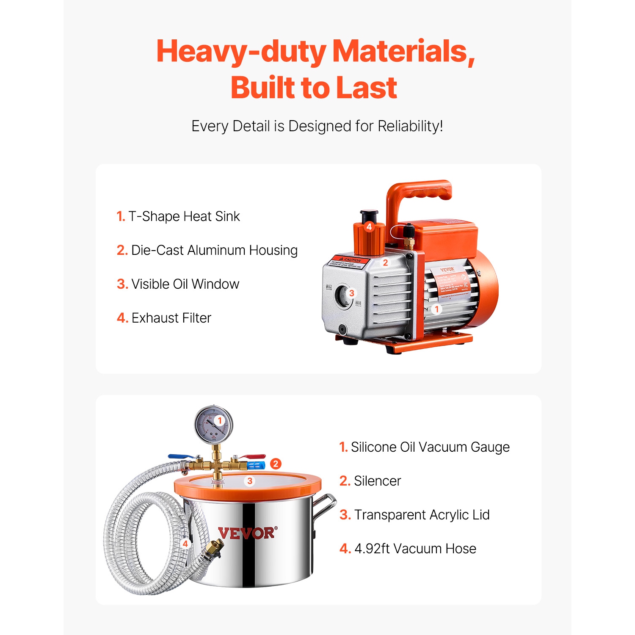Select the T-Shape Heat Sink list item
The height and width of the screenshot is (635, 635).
[x=178, y=216]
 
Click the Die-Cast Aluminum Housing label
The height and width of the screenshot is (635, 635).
[x=207, y=250]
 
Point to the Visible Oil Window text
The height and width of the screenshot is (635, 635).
[x=178, y=284]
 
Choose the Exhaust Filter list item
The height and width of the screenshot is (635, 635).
[x=164, y=318]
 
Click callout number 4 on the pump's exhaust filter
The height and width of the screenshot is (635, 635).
[x=369, y=226]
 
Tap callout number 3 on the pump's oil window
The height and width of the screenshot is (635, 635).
[x=351, y=293]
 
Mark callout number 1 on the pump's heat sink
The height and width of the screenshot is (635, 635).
[x=437, y=309]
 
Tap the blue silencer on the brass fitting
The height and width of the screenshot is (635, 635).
[x=256, y=466]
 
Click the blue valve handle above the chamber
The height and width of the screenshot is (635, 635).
[x=180, y=456]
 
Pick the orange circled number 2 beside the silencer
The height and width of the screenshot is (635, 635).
[x=276, y=464]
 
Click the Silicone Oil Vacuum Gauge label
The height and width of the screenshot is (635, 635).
[x=425, y=447]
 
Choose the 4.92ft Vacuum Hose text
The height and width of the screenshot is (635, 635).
[x=408, y=549]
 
